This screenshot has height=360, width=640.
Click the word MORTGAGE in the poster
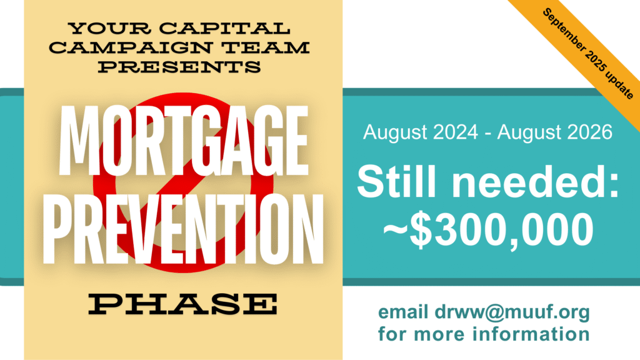point(183,141)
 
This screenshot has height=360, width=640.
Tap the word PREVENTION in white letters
point(183,229)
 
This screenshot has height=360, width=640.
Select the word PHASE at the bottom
point(183,304)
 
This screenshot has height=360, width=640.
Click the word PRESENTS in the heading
point(179,66)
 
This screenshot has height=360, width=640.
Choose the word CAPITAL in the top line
point(224,28)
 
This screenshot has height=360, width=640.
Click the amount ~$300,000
point(488,230)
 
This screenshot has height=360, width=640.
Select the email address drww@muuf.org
point(512,312)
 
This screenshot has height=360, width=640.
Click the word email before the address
point(403,312)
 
